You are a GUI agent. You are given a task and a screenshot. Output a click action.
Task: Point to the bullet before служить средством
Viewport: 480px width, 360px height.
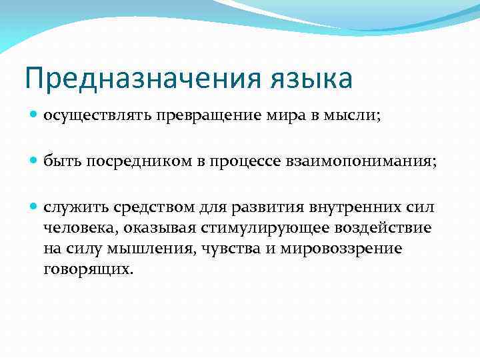coord(35,208)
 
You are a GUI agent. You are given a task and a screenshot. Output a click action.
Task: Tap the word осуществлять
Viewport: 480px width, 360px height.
coord(97,116)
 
